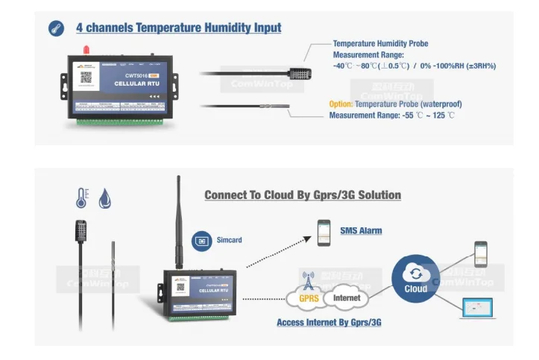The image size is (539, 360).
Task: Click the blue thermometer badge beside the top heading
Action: click(x=56, y=28)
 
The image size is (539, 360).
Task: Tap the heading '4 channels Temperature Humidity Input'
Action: click(x=178, y=28)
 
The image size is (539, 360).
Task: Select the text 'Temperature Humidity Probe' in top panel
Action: click(x=380, y=44)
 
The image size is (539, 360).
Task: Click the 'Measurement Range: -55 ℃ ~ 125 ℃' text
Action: click(x=391, y=116)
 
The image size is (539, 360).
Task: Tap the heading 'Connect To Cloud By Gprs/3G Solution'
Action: click(x=303, y=195)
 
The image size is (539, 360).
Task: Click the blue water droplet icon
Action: click(x=105, y=198)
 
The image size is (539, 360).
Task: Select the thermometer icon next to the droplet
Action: click(x=81, y=198)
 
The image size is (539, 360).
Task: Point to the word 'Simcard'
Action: click(x=229, y=240)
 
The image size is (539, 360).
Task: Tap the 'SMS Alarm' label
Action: click(x=361, y=231)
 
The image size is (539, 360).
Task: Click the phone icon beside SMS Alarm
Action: click(x=324, y=233)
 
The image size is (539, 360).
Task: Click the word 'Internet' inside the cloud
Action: click(x=346, y=298)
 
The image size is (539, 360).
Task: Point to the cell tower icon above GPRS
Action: click(x=307, y=279)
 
